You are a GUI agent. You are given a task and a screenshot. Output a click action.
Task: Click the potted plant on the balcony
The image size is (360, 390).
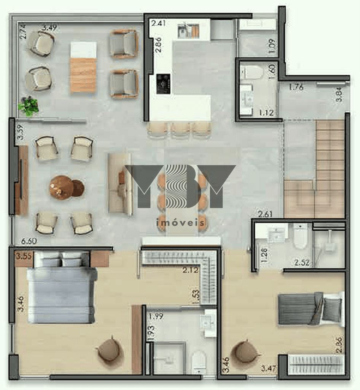pyautogui.click(x=29, y=106)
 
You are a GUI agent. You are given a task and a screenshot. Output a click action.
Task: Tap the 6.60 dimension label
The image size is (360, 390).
pyautogui.click(x=30, y=241)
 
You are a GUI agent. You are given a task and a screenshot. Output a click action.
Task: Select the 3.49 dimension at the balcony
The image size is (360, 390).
pyautogui.click(x=49, y=27)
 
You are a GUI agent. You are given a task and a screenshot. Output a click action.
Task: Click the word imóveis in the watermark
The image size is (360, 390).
pyautogui.click(x=180, y=223)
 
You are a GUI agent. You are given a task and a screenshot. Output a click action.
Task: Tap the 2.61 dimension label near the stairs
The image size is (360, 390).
pyautogui.click(x=265, y=214)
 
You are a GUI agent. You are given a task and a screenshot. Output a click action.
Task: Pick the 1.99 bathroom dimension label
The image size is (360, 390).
pyautogui.click(x=156, y=316)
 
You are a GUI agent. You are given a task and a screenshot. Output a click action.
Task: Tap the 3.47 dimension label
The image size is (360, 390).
pyautogui.click(x=268, y=368)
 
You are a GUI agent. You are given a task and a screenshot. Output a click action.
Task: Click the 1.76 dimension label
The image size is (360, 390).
pyautogui.click(x=296, y=87)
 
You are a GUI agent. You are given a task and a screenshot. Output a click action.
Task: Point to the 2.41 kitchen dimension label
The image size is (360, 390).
pyautogui.click(x=159, y=23)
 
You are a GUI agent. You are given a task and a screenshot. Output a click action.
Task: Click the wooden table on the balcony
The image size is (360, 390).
pyautogui.click(x=83, y=68)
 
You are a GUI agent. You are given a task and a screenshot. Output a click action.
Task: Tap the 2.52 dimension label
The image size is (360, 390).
pyautogui.click(x=301, y=262)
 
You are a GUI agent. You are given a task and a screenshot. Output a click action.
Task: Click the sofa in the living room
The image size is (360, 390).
pyautogui.click(x=119, y=183)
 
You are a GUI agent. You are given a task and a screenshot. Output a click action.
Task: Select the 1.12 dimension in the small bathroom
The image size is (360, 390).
pyautogui.click(x=266, y=113)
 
